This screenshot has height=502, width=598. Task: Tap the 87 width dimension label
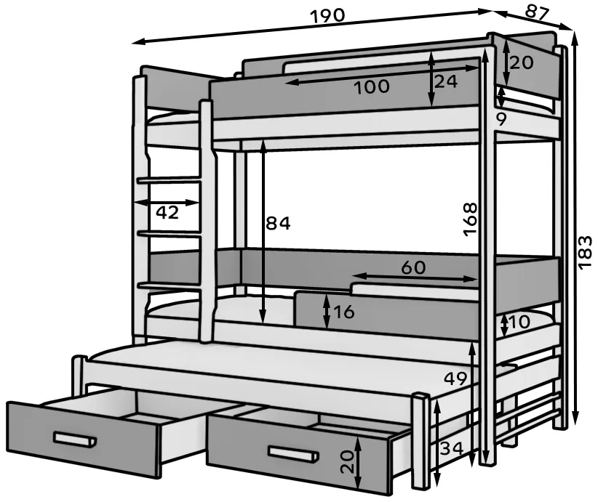(x=537, y=12)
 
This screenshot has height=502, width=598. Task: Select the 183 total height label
(x=585, y=253)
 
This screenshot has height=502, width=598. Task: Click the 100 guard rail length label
(x=372, y=87)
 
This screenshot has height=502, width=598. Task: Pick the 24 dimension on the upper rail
(x=445, y=81)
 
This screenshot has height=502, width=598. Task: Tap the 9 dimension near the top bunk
(x=501, y=120)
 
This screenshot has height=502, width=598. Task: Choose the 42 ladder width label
(x=167, y=212)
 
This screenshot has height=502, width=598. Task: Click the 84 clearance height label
(x=278, y=223)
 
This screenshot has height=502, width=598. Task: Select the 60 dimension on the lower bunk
(x=413, y=267)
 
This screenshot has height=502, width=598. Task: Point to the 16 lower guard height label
(x=344, y=312)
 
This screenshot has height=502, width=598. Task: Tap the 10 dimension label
(x=519, y=323)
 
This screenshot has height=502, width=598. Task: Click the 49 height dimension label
(x=455, y=378)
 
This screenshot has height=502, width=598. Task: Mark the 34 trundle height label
(x=452, y=448)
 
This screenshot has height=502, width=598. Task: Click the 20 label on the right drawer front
(x=348, y=461)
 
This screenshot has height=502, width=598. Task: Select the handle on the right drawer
(x=293, y=453)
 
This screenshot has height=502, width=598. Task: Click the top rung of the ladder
(x=169, y=179)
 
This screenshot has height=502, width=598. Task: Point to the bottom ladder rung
(x=169, y=286)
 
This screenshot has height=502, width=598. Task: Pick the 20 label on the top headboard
(x=522, y=62)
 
